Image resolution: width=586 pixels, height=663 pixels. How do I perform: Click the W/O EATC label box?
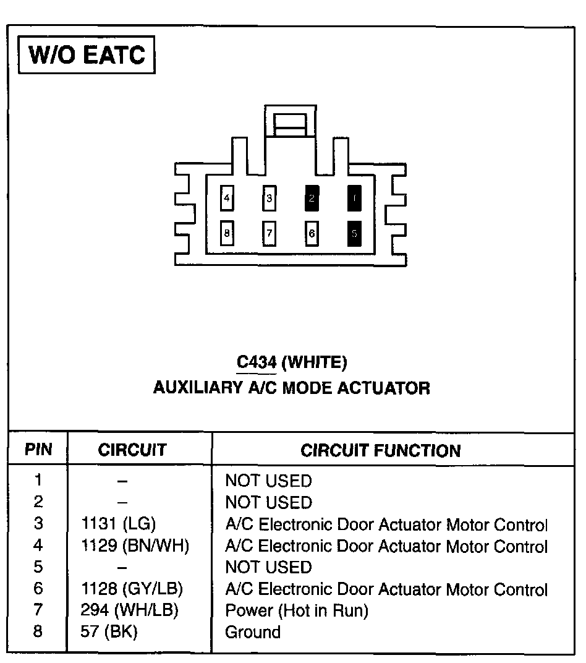coord(87,55)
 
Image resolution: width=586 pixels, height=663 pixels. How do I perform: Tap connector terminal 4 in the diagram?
coord(227,199)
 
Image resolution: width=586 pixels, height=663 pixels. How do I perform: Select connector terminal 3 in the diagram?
coord(270,199)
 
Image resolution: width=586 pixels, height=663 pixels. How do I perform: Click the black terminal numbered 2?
coord(312,199)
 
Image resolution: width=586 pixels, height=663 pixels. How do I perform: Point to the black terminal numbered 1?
coord(354,199)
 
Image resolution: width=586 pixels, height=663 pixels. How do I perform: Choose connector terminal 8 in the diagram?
coord(227,234)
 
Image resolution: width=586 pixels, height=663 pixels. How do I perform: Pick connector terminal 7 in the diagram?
coord(270,234)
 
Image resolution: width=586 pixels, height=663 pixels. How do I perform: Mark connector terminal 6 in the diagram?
coord(312,234)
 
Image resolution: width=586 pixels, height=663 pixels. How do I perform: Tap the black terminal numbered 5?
coord(354,234)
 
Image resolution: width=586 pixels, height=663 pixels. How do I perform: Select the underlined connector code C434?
coord(257,362)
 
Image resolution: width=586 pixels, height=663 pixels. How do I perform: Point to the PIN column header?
coord(38,450)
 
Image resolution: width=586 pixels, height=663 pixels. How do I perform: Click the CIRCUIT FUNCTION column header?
coord(380,451)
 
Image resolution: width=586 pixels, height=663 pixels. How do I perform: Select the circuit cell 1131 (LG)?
coord(118,524)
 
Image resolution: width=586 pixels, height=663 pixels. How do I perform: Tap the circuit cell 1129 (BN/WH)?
coord(135,546)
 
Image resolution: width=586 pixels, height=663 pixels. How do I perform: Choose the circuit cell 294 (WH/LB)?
coord(129,611)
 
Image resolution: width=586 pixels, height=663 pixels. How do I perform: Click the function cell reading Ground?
coord(252,633)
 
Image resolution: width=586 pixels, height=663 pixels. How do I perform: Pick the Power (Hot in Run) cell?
coord(296,611)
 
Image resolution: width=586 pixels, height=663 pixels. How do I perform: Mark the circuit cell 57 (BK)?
coord(109,633)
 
